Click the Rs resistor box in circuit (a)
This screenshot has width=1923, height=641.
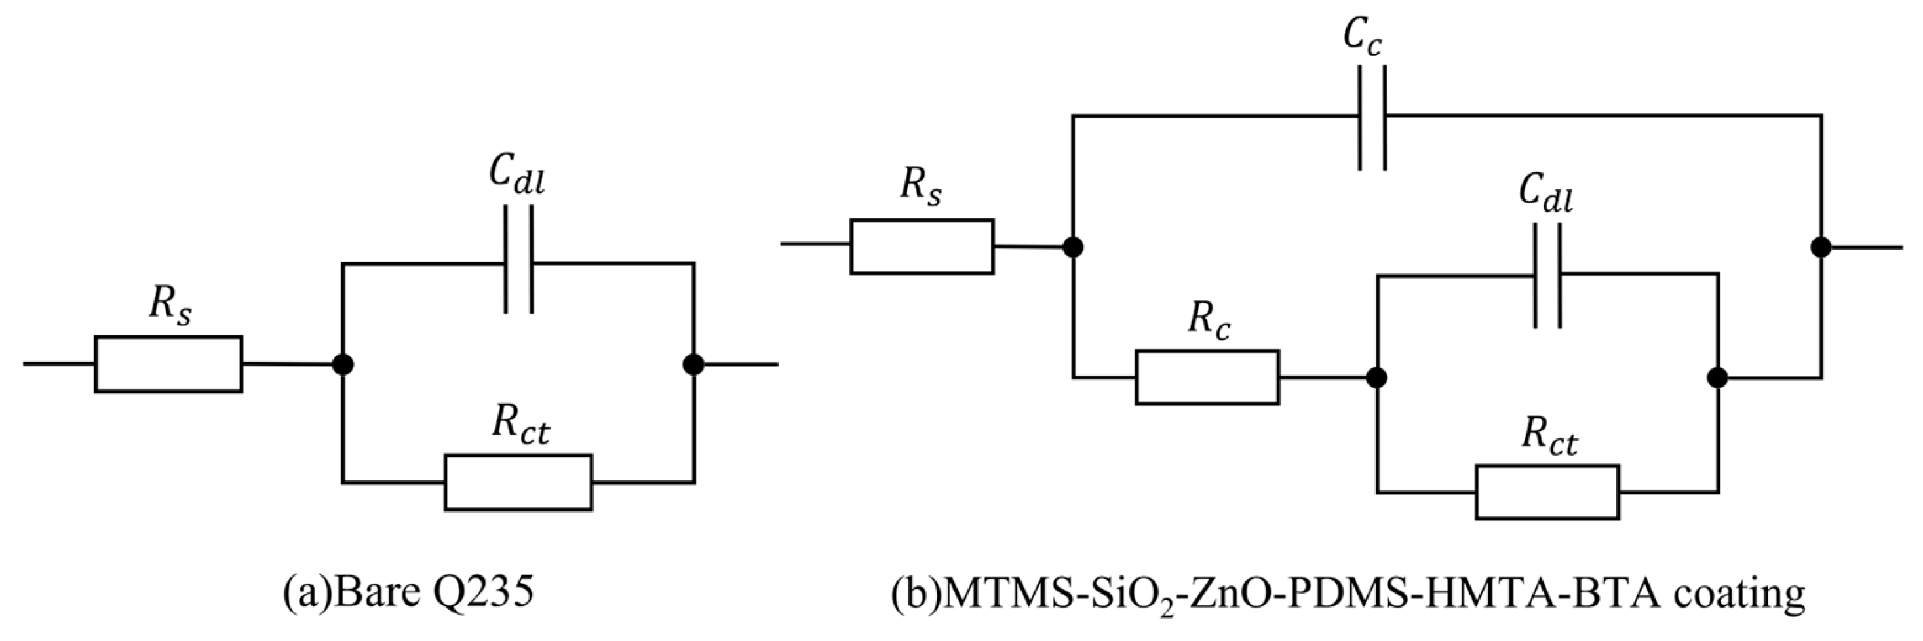[168, 364]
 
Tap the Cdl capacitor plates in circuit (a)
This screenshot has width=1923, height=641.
[520, 259]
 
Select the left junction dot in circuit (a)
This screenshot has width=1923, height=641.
[343, 364]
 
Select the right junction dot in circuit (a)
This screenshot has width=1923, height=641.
[693, 364]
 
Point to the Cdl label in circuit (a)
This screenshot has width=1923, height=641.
[516, 174]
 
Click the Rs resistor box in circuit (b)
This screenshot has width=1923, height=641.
[922, 246]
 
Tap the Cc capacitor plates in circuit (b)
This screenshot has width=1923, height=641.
[1372, 118]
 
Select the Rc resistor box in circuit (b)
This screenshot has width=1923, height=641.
[1207, 378]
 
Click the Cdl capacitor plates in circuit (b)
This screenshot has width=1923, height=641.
[1547, 276]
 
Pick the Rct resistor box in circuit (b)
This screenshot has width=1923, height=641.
[1547, 492]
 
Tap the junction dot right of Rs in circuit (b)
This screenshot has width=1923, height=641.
[1073, 247]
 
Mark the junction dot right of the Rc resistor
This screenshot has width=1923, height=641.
[1376, 378]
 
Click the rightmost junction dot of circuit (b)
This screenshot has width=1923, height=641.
[1821, 247]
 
